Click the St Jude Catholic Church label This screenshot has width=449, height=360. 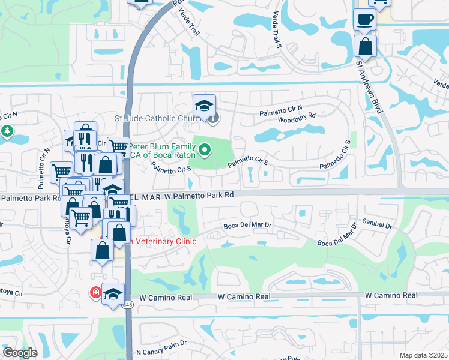pos(158,118)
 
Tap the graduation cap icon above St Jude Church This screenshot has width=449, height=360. pos(204,106)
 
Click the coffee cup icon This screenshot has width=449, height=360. pos(364,19)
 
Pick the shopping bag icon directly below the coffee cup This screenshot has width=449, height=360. pos(364,46)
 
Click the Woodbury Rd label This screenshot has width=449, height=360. pos(297,119)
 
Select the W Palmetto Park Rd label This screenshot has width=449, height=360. pos(191,196)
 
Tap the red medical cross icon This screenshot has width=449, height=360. pos(95,293)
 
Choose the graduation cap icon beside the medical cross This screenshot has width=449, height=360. pos(112,294)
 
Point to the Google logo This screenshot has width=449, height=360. pos(20,353)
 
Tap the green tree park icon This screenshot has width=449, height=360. pos(7,131)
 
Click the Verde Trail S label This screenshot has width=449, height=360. pos(277,29)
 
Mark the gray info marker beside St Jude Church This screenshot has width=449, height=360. pos(213,118)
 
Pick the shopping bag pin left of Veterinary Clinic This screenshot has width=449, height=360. pos(102,250)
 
